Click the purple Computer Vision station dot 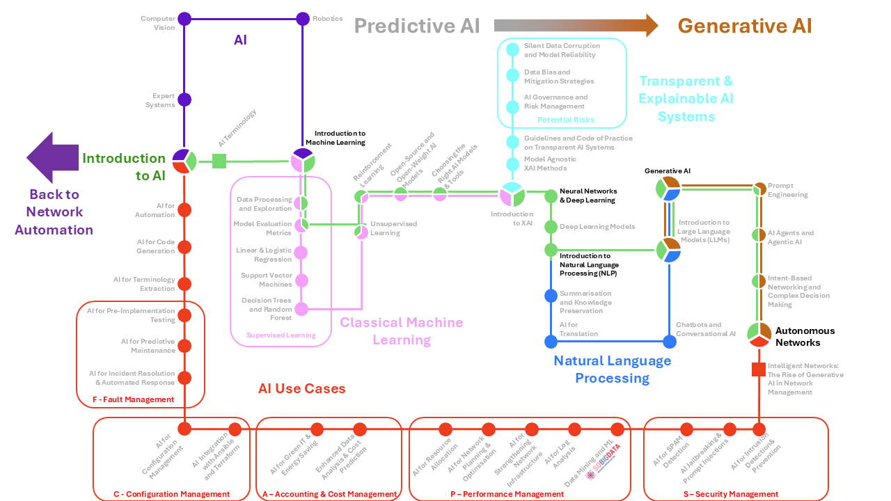point(184,18)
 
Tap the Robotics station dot point(302,18)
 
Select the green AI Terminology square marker point(219,161)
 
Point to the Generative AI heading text point(745,26)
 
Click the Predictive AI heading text point(417,26)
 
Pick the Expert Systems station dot point(184,100)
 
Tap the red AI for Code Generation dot point(184,247)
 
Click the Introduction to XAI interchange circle point(512,193)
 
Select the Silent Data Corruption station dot point(512,49)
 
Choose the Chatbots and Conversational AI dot point(669,342)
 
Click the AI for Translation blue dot point(551,342)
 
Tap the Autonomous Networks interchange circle point(759,335)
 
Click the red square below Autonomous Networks point(759,369)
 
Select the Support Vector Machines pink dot point(301,280)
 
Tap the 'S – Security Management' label point(735,494)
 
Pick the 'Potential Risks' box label point(565,120)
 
